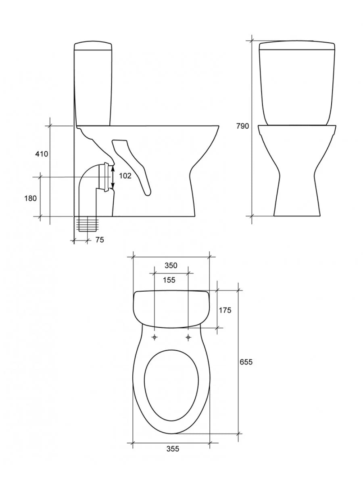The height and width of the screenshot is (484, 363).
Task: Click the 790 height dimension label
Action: (x=242, y=126)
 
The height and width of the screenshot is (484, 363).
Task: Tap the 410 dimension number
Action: (x=42, y=154)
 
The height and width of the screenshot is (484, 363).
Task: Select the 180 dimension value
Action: (x=30, y=198)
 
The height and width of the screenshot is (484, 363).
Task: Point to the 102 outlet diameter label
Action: (x=125, y=176)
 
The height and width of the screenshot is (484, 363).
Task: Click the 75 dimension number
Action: (x=100, y=240)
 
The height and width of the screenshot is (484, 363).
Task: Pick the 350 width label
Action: (x=171, y=265)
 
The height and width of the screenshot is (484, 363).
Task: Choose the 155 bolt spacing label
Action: (x=169, y=280)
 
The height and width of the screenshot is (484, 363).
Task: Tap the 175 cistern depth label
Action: (x=225, y=310)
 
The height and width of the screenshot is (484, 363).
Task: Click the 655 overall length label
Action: (x=246, y=362)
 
